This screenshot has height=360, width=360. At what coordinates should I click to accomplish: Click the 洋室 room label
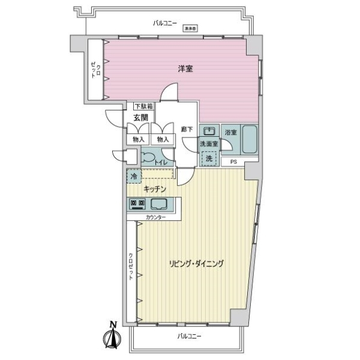184,69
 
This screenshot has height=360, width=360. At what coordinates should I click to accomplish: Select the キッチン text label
154,189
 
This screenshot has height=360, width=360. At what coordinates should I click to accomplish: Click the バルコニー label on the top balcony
165,23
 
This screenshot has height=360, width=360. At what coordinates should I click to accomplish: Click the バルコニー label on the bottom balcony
190,337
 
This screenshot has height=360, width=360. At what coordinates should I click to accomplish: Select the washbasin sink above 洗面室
208,132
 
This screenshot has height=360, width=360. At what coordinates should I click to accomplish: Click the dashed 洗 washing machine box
208,158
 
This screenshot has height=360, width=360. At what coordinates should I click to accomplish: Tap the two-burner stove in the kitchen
137,204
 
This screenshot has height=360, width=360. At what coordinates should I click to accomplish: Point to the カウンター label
155,217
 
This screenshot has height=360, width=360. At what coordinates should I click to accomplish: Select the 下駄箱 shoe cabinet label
143,106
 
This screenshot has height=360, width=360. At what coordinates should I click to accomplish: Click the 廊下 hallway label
187,129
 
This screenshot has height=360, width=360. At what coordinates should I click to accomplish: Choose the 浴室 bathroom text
230,131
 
